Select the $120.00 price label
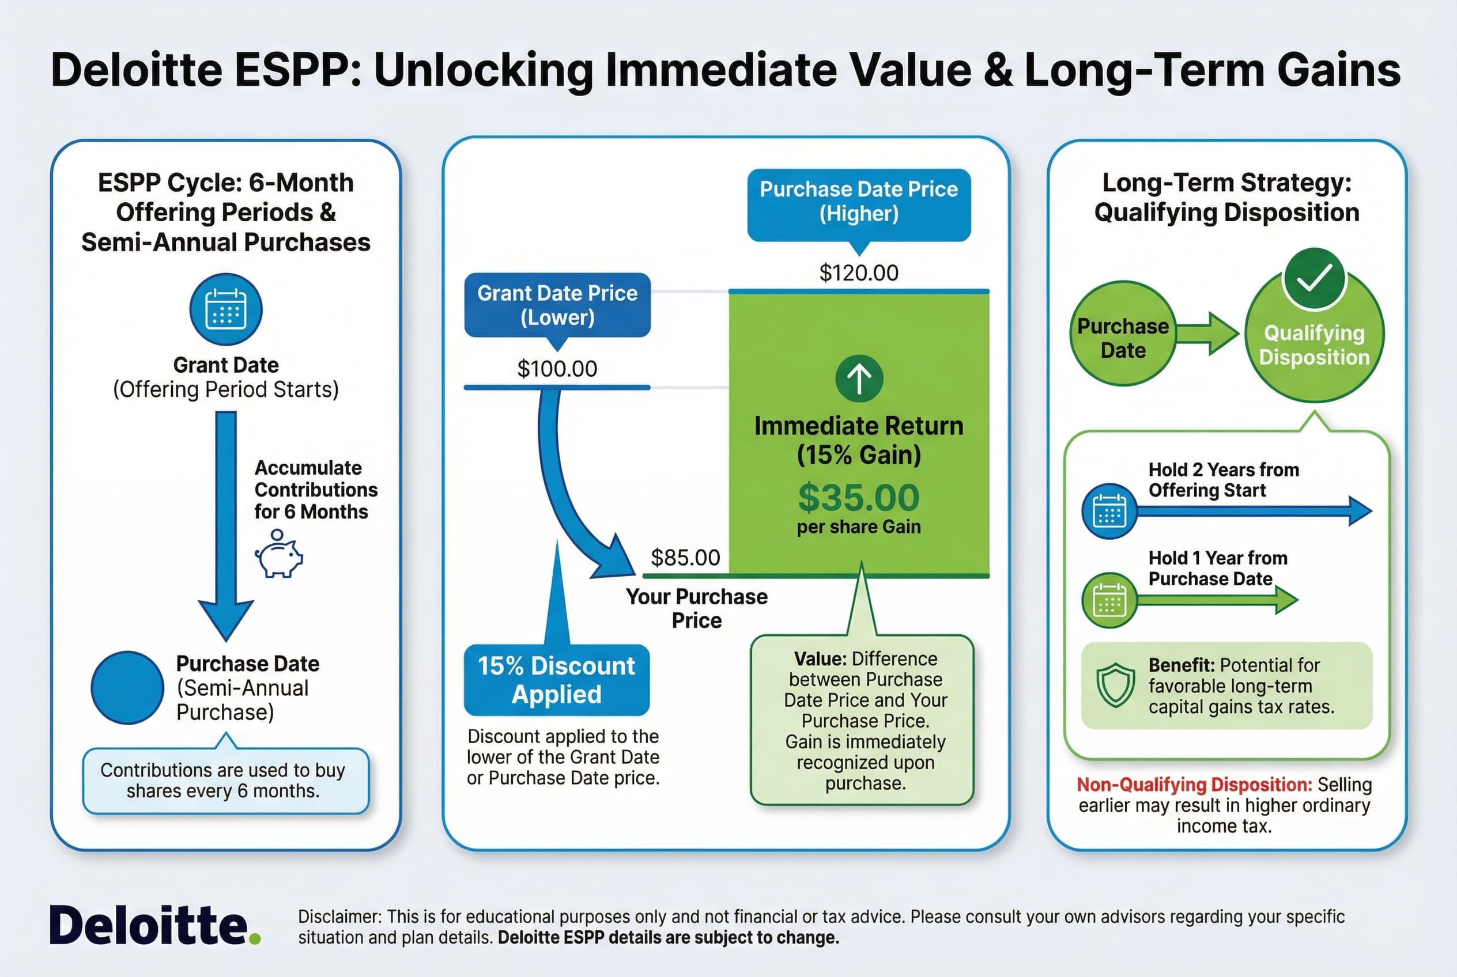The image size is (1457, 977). [x=859, y=273]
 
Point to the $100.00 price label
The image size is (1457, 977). [x=557, y=369]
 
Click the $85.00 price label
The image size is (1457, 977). [x=685, y=558]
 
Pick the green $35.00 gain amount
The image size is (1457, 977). [x=859, y=497]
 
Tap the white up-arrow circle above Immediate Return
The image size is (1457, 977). [x=859, y=378]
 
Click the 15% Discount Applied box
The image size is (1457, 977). [x=556, y=680]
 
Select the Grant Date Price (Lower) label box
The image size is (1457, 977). [x=557, y=305]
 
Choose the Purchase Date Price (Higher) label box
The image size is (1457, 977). [x=859, y=201]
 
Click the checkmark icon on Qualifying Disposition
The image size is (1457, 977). [x=1314, y=279]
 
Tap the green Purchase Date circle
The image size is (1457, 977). [x=1122, y=334]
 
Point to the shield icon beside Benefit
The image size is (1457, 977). [x=1115, y=686]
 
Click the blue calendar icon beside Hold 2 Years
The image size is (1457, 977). [x=1109, y=511]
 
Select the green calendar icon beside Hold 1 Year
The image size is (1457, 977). [x=1109, y=600]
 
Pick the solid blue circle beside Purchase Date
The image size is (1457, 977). [x=127, y=688]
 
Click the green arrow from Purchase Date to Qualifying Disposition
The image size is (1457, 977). [x=1207, y=334]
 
